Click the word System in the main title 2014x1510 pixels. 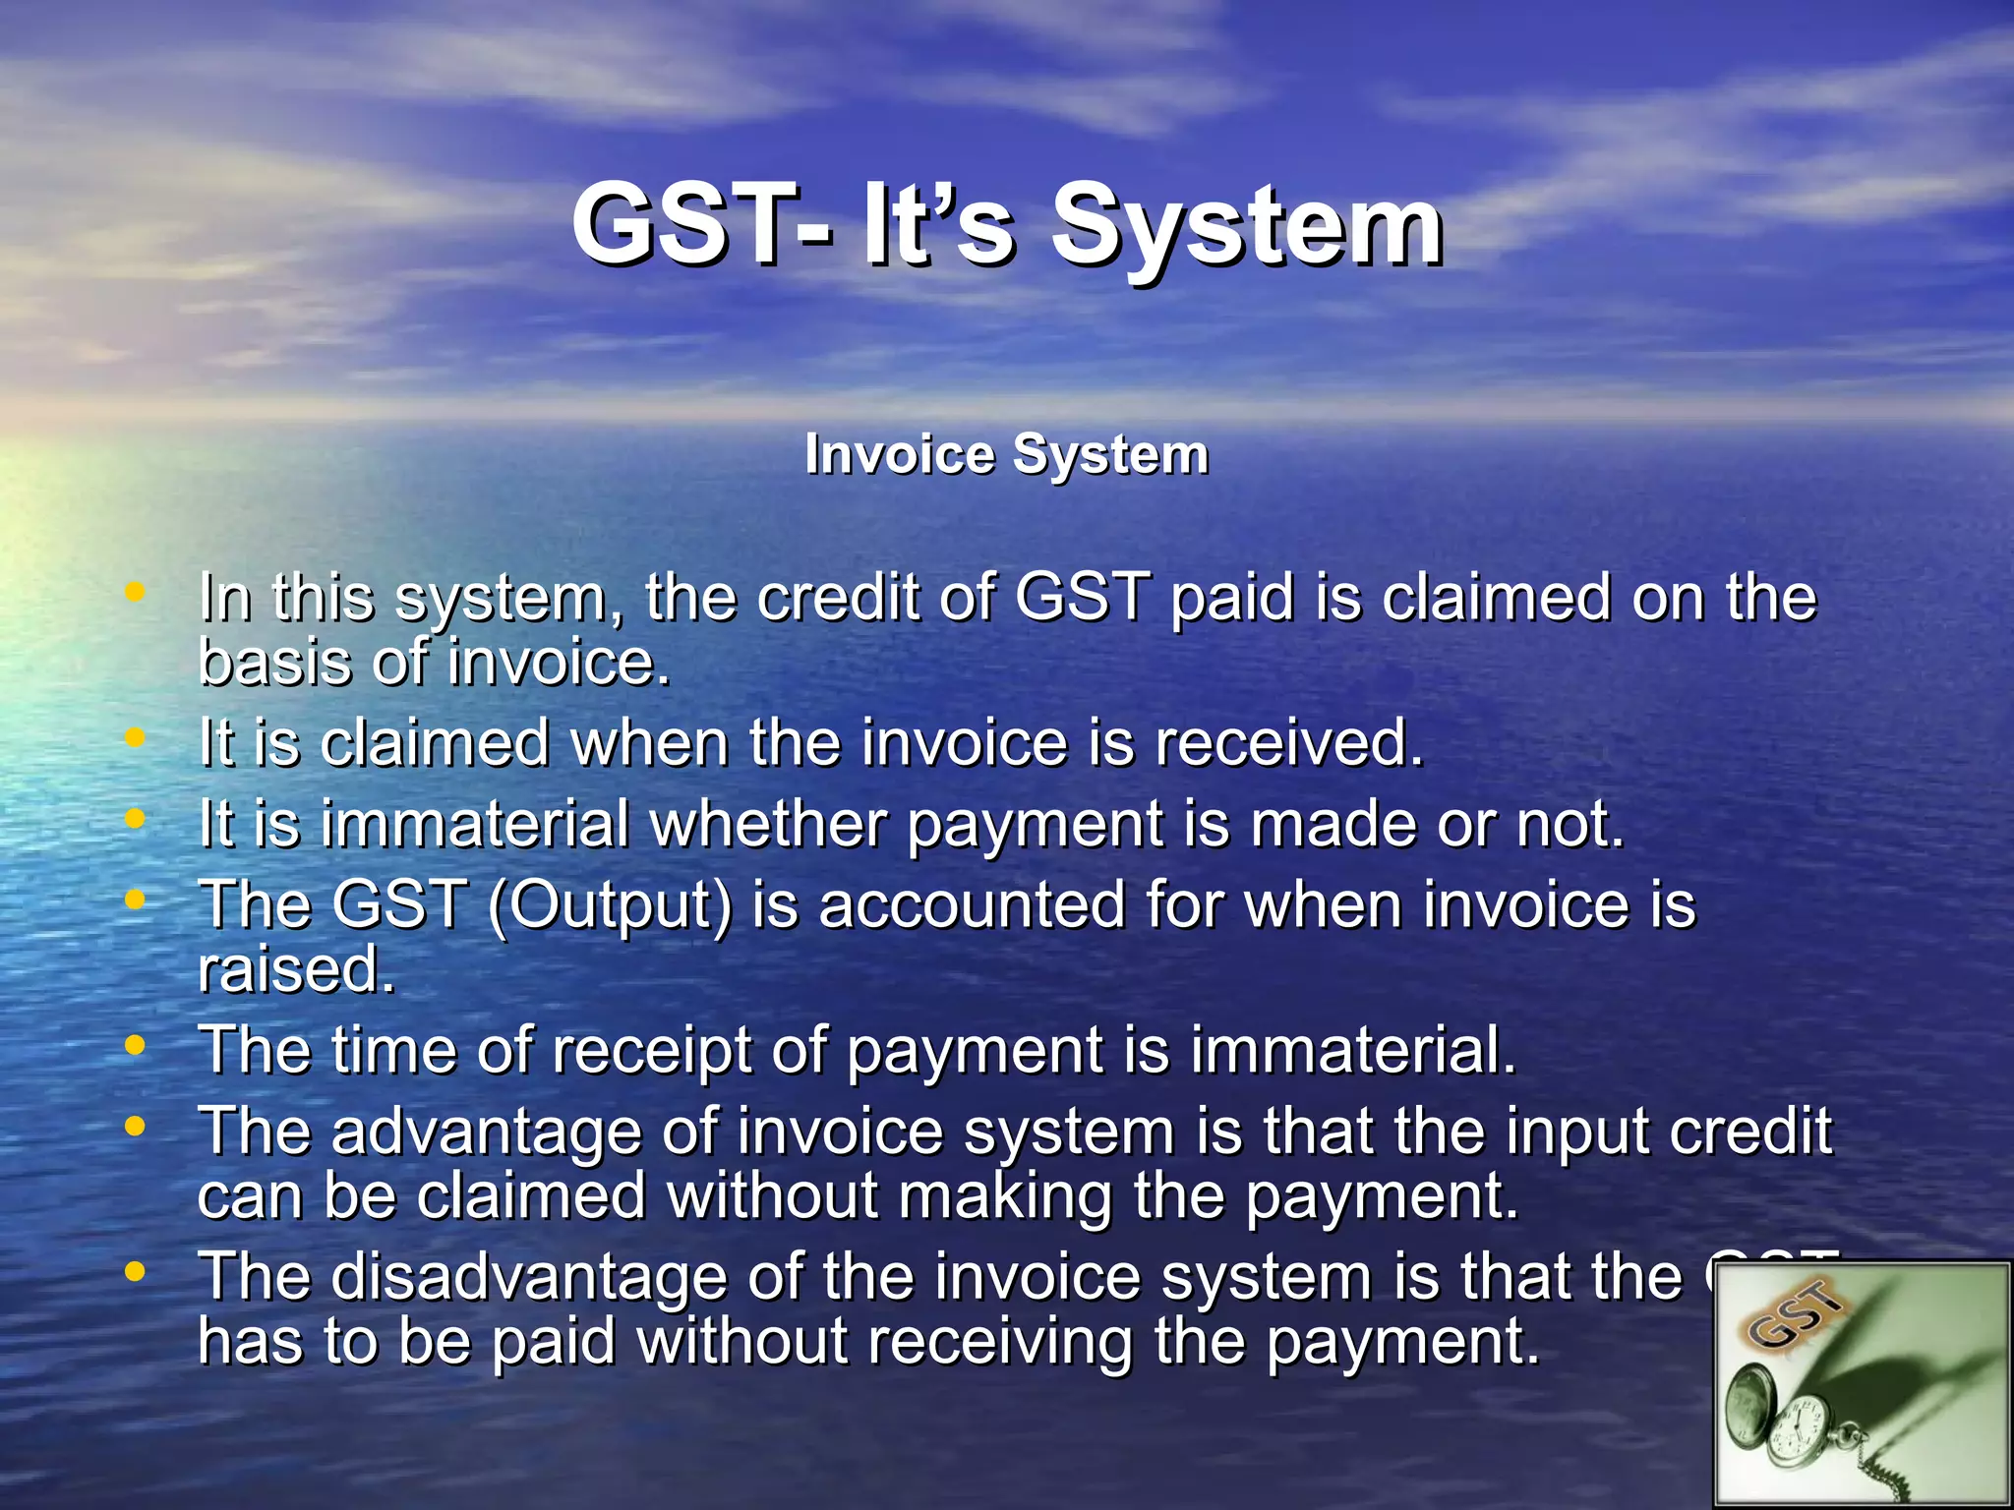1247,228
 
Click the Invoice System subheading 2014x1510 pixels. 1006,455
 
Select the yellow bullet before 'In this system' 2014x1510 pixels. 136,593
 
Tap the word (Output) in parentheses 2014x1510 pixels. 610,906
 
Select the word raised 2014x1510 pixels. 295,970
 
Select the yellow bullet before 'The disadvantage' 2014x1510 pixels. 136,1272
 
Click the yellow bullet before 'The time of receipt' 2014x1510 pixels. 136,1046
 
